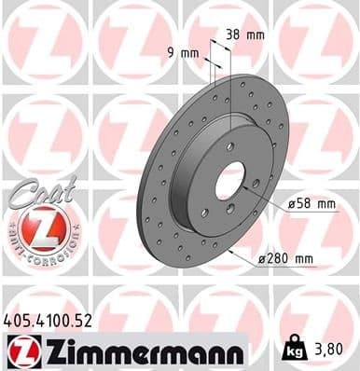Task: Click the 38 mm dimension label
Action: [x=244, y=34]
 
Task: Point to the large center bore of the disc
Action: [x=229, y=179]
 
